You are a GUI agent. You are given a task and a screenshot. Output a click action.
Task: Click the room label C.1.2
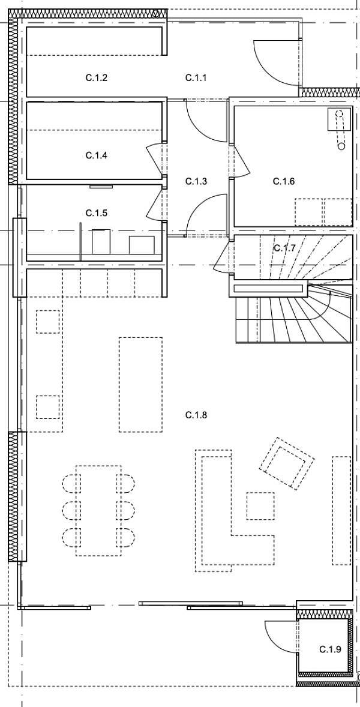click(96, 77)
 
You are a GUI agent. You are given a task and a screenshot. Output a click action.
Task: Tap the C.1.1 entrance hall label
click(196, 77)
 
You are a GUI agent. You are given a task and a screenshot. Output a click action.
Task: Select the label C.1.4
click(96, 155)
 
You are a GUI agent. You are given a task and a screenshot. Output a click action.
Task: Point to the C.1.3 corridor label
click(196, 181)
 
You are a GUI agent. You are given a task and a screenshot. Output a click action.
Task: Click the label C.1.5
click(96, 213)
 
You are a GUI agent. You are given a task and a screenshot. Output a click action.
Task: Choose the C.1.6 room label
click(284, 181)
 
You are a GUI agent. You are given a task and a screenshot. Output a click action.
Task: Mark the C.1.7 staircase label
click(284, 247)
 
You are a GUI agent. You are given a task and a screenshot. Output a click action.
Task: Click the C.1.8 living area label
click(196, 415)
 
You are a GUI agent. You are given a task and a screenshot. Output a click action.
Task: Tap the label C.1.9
click(329, 649)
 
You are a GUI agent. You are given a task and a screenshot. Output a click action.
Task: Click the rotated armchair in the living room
click(286, 463)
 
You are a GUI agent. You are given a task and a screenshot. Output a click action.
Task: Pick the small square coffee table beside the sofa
click(261, 505)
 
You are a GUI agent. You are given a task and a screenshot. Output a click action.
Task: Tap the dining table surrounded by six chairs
click(98, 510)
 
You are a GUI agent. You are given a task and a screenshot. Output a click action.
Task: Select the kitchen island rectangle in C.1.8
click(141, 384)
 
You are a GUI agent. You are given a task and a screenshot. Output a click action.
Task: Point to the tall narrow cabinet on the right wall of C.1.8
click(341, 510)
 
